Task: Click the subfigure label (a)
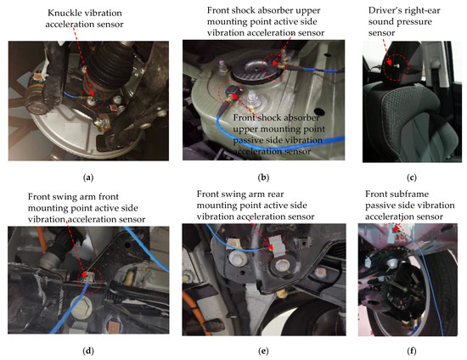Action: click(x=87, y=177)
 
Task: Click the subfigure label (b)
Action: click(x=263, y=177)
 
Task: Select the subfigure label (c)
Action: click(x=411, y=177)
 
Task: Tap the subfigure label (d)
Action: click(x=87, y=351)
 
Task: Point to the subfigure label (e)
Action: click(x=263, y=351)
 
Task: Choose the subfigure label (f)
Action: click(x=411, y=351)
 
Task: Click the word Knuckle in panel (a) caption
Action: click(x=64, y=13)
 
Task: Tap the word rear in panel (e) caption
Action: click(x=275, y=194)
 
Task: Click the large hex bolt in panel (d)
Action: click(x=81, y=307)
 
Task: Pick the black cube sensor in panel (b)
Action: click(x=233, y=91)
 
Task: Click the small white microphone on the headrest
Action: click(x=394, y=65)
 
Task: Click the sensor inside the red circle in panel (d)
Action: click(x=88, y=277)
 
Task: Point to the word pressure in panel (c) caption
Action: click(x=416, y=22)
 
